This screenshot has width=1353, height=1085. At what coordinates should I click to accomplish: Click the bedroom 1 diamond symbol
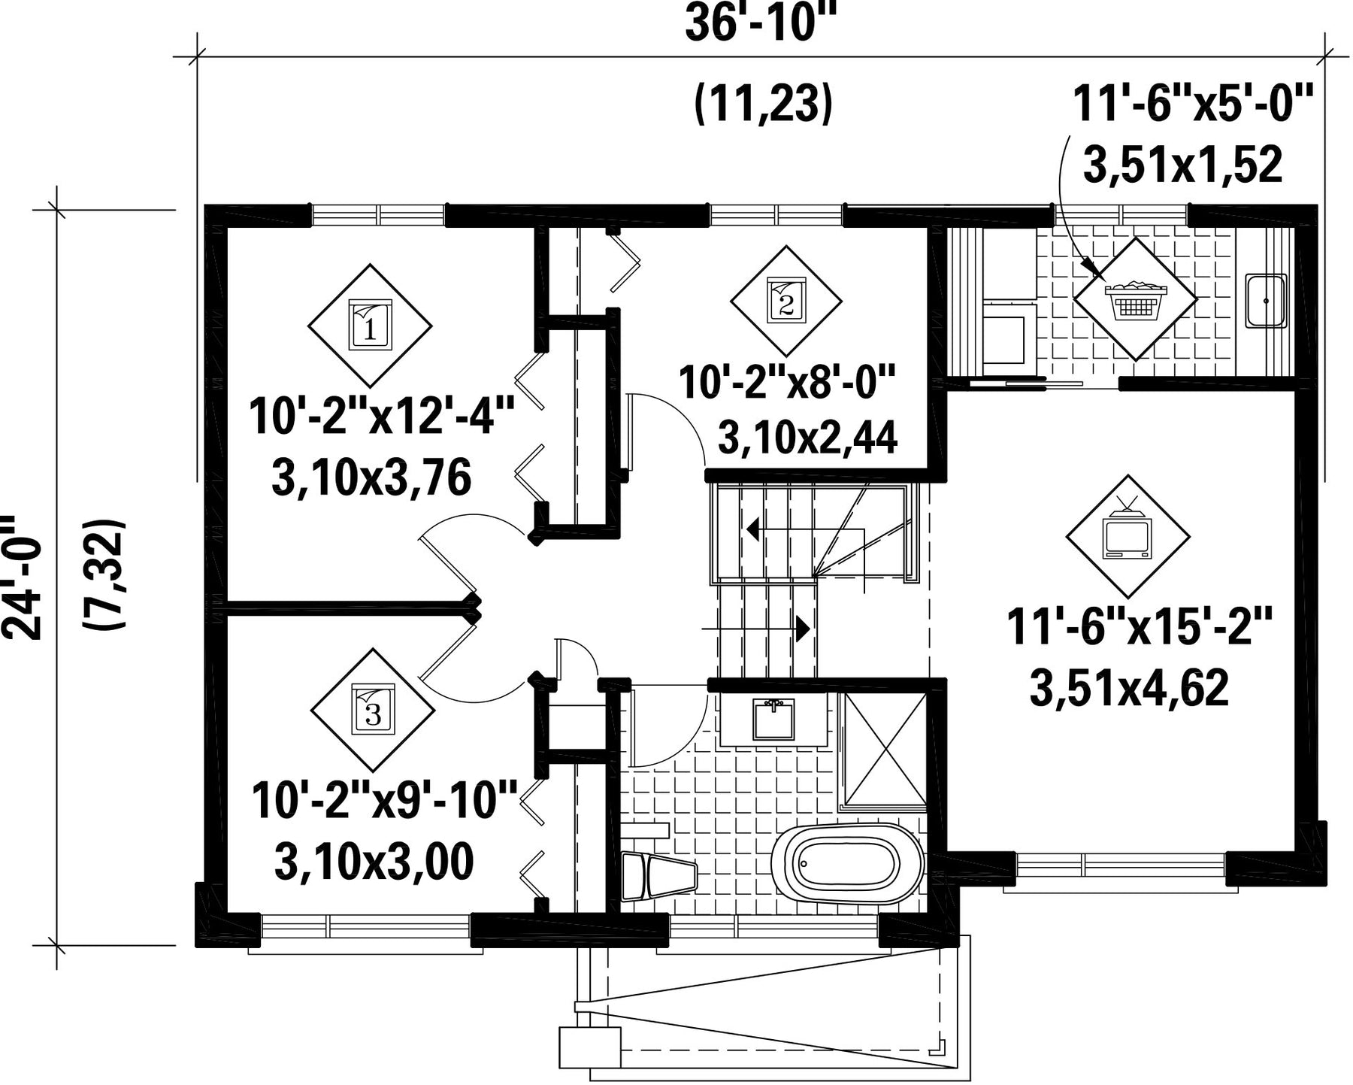pyautogui.click(x=370, y=324)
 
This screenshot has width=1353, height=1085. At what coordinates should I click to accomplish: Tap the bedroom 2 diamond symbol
pyautogui.click(x=786, y=301)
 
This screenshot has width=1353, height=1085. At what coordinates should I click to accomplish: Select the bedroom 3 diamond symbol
pyautogui.click(x=373, y=708)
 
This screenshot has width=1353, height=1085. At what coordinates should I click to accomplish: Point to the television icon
pyautogui.click(x=1127, y=530)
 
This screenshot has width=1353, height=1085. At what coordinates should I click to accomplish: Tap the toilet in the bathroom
pyautogui.click(x=660, y=876)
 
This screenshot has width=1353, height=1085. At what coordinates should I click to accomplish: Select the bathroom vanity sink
pyautogui.click(x=774, y=720)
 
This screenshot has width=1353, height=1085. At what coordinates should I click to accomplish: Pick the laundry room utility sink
pyautogui.click(x=1267, y=301)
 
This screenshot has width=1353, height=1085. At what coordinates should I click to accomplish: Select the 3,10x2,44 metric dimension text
pyautogui.click(x=808, y=438)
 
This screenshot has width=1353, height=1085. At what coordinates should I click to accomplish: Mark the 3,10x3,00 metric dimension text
pyautogui.click(x=374, y=862)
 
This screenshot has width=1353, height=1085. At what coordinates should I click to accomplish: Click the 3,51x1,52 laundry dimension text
pyautogui.click(x=1182, y=165)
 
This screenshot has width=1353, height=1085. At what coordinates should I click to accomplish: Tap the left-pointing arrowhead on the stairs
pyautogui.click(x=752, y=529)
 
